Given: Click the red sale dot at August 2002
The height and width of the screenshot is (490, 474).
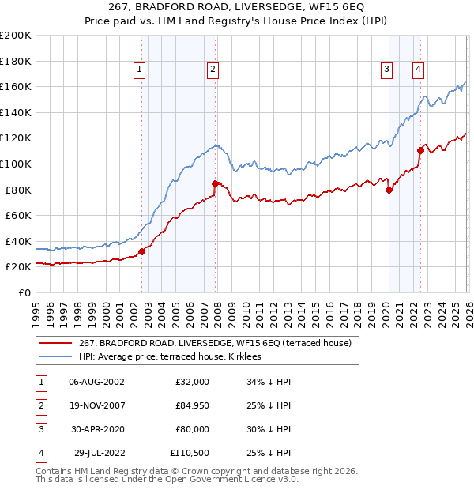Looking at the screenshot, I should click(142, 252).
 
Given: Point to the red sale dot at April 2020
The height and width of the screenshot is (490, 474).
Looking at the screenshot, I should click(389, 190).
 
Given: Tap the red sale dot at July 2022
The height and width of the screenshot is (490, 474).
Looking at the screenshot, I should click(420, 150).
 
